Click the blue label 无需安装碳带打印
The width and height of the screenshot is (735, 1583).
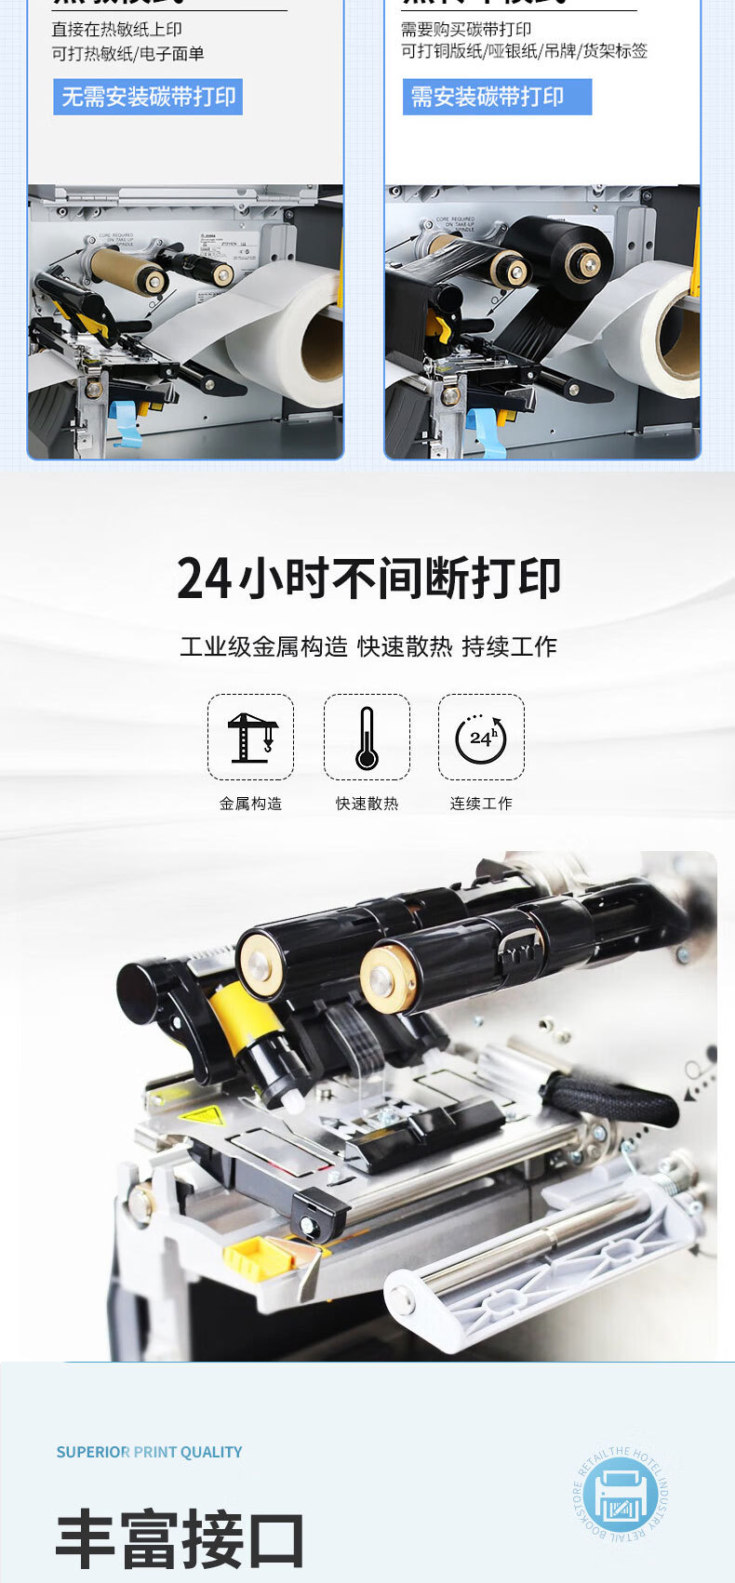click(148, 97)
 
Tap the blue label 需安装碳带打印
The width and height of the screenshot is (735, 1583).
click(497, 97)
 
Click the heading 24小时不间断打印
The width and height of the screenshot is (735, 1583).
click(368, 579)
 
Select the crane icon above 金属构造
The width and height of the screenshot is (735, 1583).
click(250, 737)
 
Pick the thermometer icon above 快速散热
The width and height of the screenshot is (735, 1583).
click(367, 737)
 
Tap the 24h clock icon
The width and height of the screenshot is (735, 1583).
click(481, 737)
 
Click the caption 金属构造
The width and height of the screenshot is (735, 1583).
click(250, 804)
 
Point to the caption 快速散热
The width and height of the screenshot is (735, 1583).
click(367, 804)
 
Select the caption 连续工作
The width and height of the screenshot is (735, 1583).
click(481, 804)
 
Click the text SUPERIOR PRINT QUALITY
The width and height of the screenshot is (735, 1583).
click(149, 1452)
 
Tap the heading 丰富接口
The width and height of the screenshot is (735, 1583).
click(180, 1540)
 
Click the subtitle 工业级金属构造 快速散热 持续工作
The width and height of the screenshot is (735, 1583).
click(368, 646)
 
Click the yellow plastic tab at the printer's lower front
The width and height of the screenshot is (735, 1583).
click(257, 1256)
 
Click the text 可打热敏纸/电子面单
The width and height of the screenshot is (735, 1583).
click(127, 54)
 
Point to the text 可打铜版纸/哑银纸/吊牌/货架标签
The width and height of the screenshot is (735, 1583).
click(524, 51)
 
